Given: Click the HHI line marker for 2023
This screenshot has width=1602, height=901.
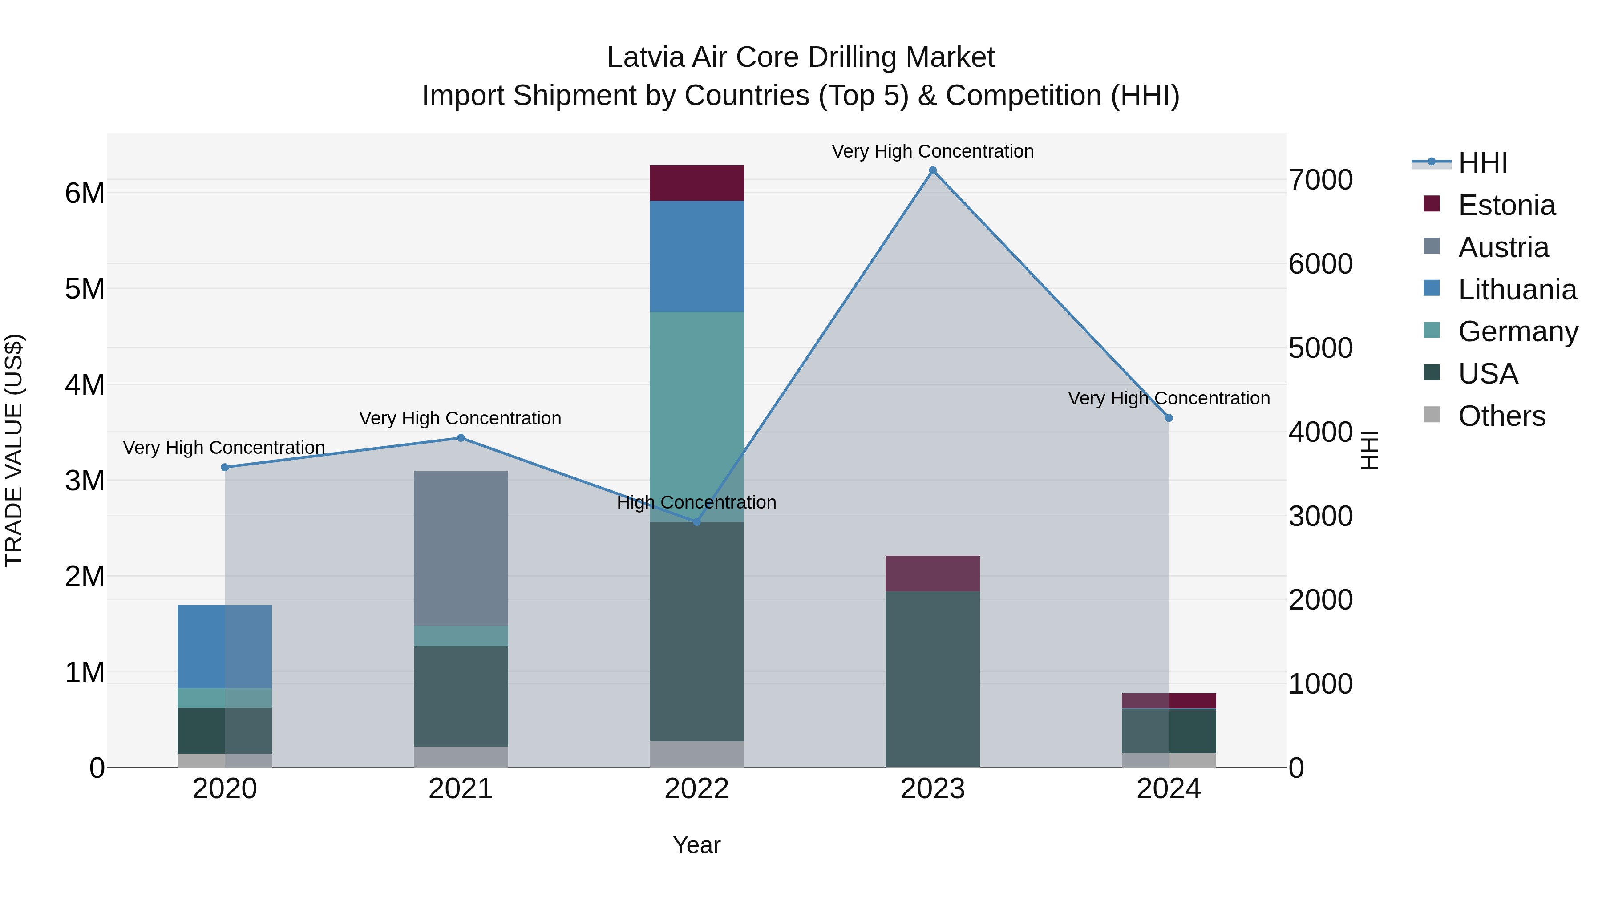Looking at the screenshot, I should point(932,170).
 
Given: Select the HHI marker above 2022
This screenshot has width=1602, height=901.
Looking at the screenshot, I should point(696,522).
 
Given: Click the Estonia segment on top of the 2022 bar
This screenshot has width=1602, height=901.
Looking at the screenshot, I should point(696,183).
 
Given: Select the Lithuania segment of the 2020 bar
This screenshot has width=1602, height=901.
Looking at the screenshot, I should point(225,646).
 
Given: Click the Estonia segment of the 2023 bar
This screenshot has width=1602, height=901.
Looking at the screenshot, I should point(932,574).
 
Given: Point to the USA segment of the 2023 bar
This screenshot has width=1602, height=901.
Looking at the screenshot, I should point(932,678).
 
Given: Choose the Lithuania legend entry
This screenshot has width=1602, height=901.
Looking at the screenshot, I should point(1517,290).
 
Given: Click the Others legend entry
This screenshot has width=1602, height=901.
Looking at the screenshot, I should point(1501,416).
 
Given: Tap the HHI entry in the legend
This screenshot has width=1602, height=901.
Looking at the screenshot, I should point(1483,163).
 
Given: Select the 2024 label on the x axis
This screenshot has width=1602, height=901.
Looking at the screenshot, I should point(1169,789).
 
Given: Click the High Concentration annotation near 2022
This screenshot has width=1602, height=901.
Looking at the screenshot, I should point(696,502).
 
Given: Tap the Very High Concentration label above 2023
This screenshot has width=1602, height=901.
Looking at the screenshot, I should point(932,151).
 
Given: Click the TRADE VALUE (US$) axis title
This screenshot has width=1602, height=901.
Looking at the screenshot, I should point(14,450).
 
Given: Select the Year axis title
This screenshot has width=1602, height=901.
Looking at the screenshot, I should point(696,845).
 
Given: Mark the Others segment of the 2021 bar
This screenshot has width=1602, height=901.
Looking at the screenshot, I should point(461,757).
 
